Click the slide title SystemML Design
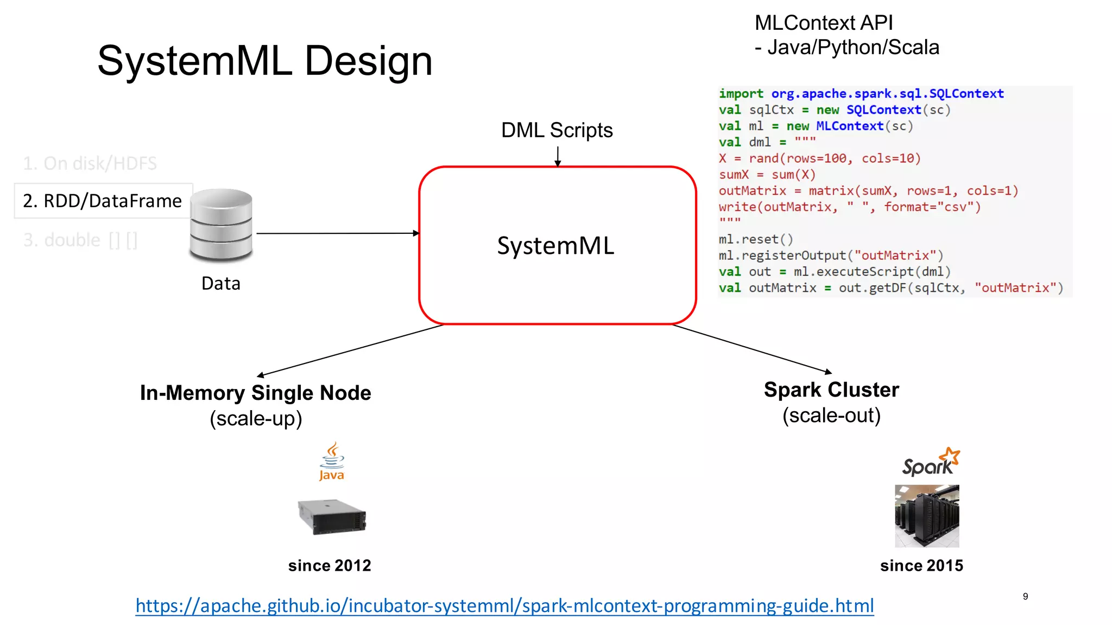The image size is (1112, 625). [265, 61]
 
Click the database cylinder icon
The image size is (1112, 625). [221, 225]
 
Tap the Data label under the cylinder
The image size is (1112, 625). [220, 283]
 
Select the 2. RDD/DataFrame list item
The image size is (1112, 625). [103, 201]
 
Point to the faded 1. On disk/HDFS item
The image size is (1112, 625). [90, 163]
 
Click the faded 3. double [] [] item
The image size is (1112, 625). [80, 240]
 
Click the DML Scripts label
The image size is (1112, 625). [557, 130]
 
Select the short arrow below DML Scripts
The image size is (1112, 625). [558, 156]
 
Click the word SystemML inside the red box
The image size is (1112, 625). [555, 246]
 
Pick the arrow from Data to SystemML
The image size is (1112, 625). [337, 233]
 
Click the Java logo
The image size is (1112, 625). [332, 462]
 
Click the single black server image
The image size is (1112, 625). [332, 516]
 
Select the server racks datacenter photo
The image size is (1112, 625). [927, 516]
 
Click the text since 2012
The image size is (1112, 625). [330, 565]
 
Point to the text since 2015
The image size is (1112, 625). [921, 565]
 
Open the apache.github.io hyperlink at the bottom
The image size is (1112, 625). [504, 605]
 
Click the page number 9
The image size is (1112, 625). [1025, 596]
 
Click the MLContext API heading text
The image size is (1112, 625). [823, 23]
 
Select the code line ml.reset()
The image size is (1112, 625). [756, 239]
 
